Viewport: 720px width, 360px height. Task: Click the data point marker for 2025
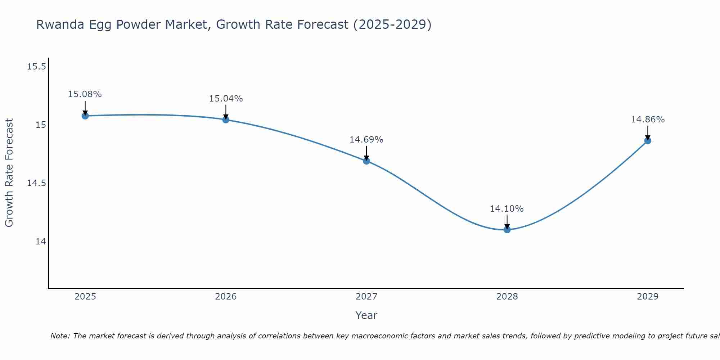85,116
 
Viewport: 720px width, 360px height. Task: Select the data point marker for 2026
226,120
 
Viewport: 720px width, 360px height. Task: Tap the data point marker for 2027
366,161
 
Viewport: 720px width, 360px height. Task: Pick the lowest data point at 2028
507,229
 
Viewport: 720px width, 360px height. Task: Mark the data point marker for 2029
648,140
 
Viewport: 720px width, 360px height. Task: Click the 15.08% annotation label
85,94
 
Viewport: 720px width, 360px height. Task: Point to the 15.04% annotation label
226,99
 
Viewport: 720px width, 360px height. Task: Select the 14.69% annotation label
366,140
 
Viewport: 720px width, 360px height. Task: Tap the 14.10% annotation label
507,209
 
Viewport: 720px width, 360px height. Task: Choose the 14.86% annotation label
648,120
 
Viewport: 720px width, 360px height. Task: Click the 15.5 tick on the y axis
37,67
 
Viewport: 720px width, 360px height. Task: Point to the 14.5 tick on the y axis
37,183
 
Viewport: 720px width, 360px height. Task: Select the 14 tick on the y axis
41,241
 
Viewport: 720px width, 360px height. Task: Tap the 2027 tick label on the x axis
366,297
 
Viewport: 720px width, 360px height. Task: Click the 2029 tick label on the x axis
648,297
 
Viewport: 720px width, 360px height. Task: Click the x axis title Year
366,315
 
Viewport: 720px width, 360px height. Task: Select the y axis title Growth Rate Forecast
9,173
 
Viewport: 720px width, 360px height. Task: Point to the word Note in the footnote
60,336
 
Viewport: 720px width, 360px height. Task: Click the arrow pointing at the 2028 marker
507,221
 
